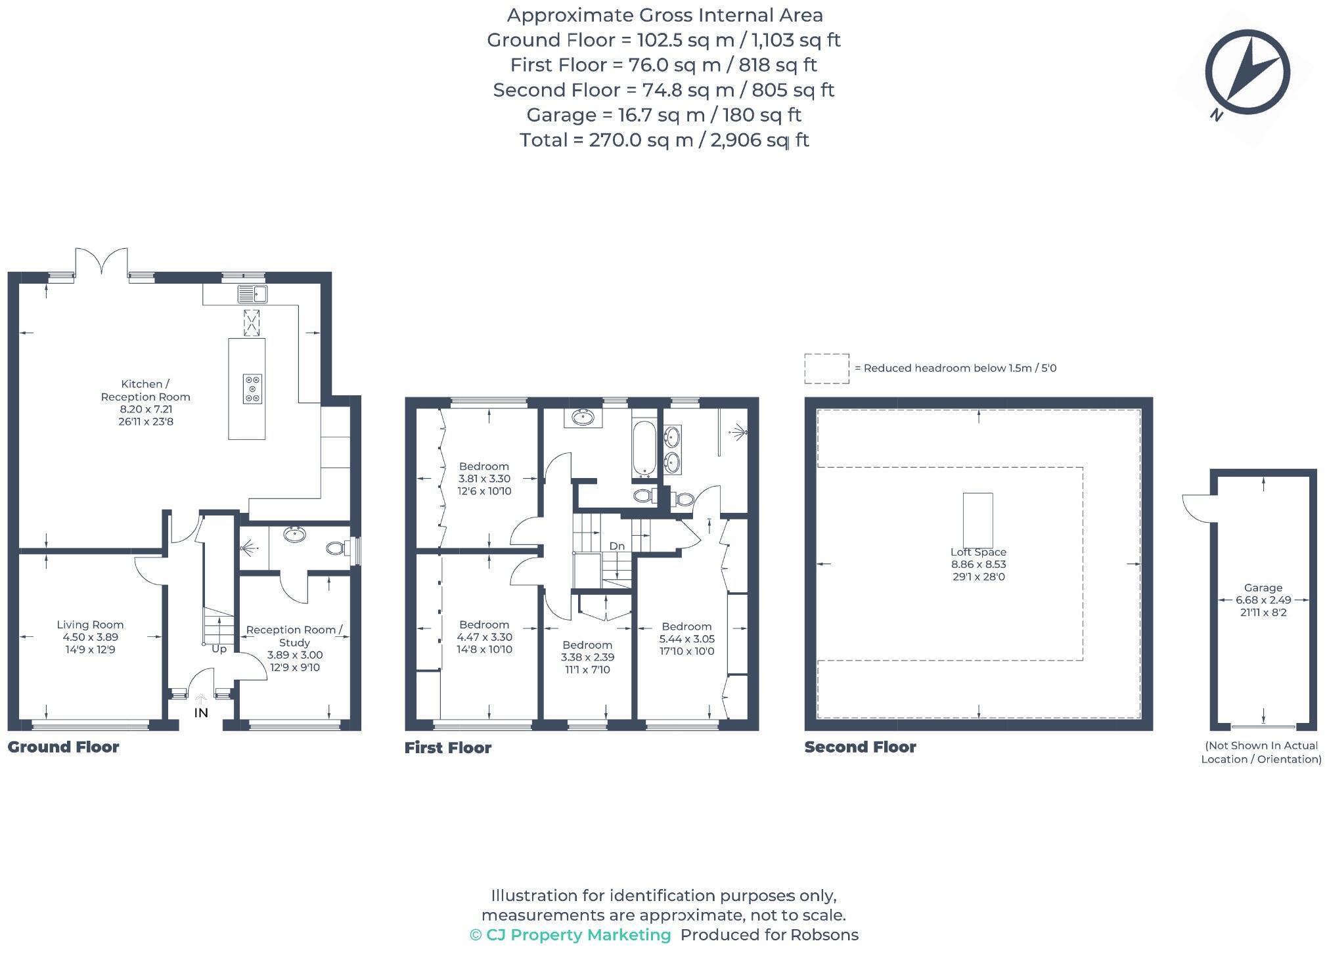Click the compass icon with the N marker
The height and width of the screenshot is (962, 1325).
1246,73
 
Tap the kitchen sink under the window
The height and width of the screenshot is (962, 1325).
252,294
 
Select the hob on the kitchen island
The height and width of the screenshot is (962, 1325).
252,388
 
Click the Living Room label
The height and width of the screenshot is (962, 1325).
90,624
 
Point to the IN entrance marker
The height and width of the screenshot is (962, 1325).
201,712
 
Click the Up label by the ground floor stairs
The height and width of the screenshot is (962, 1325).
219,649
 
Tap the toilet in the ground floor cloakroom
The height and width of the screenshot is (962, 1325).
337,548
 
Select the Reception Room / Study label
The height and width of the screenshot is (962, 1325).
294,636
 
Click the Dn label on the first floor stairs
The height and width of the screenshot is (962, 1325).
617,546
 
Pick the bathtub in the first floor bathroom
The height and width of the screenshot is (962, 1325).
643,448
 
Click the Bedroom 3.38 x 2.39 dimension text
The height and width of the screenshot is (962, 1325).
587,657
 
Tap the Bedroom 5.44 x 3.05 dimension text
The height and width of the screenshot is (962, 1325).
686,639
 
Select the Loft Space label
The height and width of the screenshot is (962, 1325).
977,552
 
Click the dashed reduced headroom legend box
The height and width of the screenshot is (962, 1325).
826,368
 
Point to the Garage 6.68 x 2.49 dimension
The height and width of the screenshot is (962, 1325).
1263,600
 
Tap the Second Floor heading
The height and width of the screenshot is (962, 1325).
860,747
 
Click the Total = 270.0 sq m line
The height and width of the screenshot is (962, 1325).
663,140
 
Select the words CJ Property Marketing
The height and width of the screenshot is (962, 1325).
578,935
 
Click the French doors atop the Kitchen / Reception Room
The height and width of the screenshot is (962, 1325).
101,261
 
